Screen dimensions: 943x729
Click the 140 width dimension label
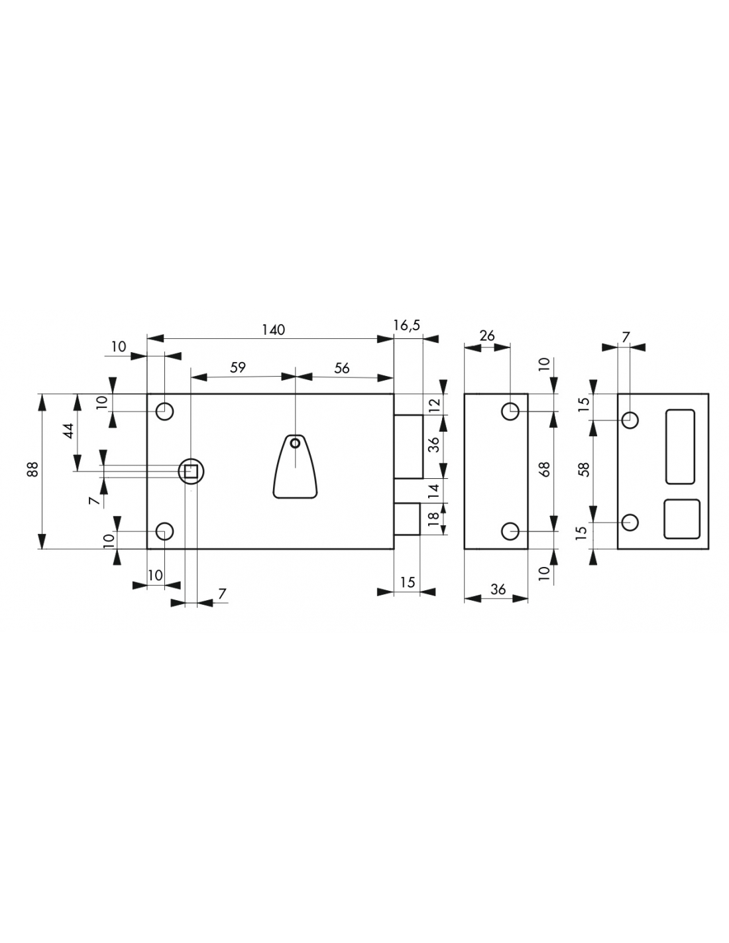(272, 330)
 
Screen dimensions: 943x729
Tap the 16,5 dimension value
(406, 325)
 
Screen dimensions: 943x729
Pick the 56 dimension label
(341, 368)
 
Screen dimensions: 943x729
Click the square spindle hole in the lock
(191, 472)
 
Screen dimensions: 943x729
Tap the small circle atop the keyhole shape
(295, 443)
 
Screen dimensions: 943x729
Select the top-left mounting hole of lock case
(164, 411)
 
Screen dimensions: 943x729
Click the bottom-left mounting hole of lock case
(164, 531)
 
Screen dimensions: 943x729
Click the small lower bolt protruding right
(406, 519)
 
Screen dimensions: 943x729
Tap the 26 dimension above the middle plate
(487, 336)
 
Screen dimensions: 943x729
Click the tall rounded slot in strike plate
(680, 446)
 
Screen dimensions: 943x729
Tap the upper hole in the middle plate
(510, 411)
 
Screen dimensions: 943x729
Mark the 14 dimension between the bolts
(434, 491)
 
